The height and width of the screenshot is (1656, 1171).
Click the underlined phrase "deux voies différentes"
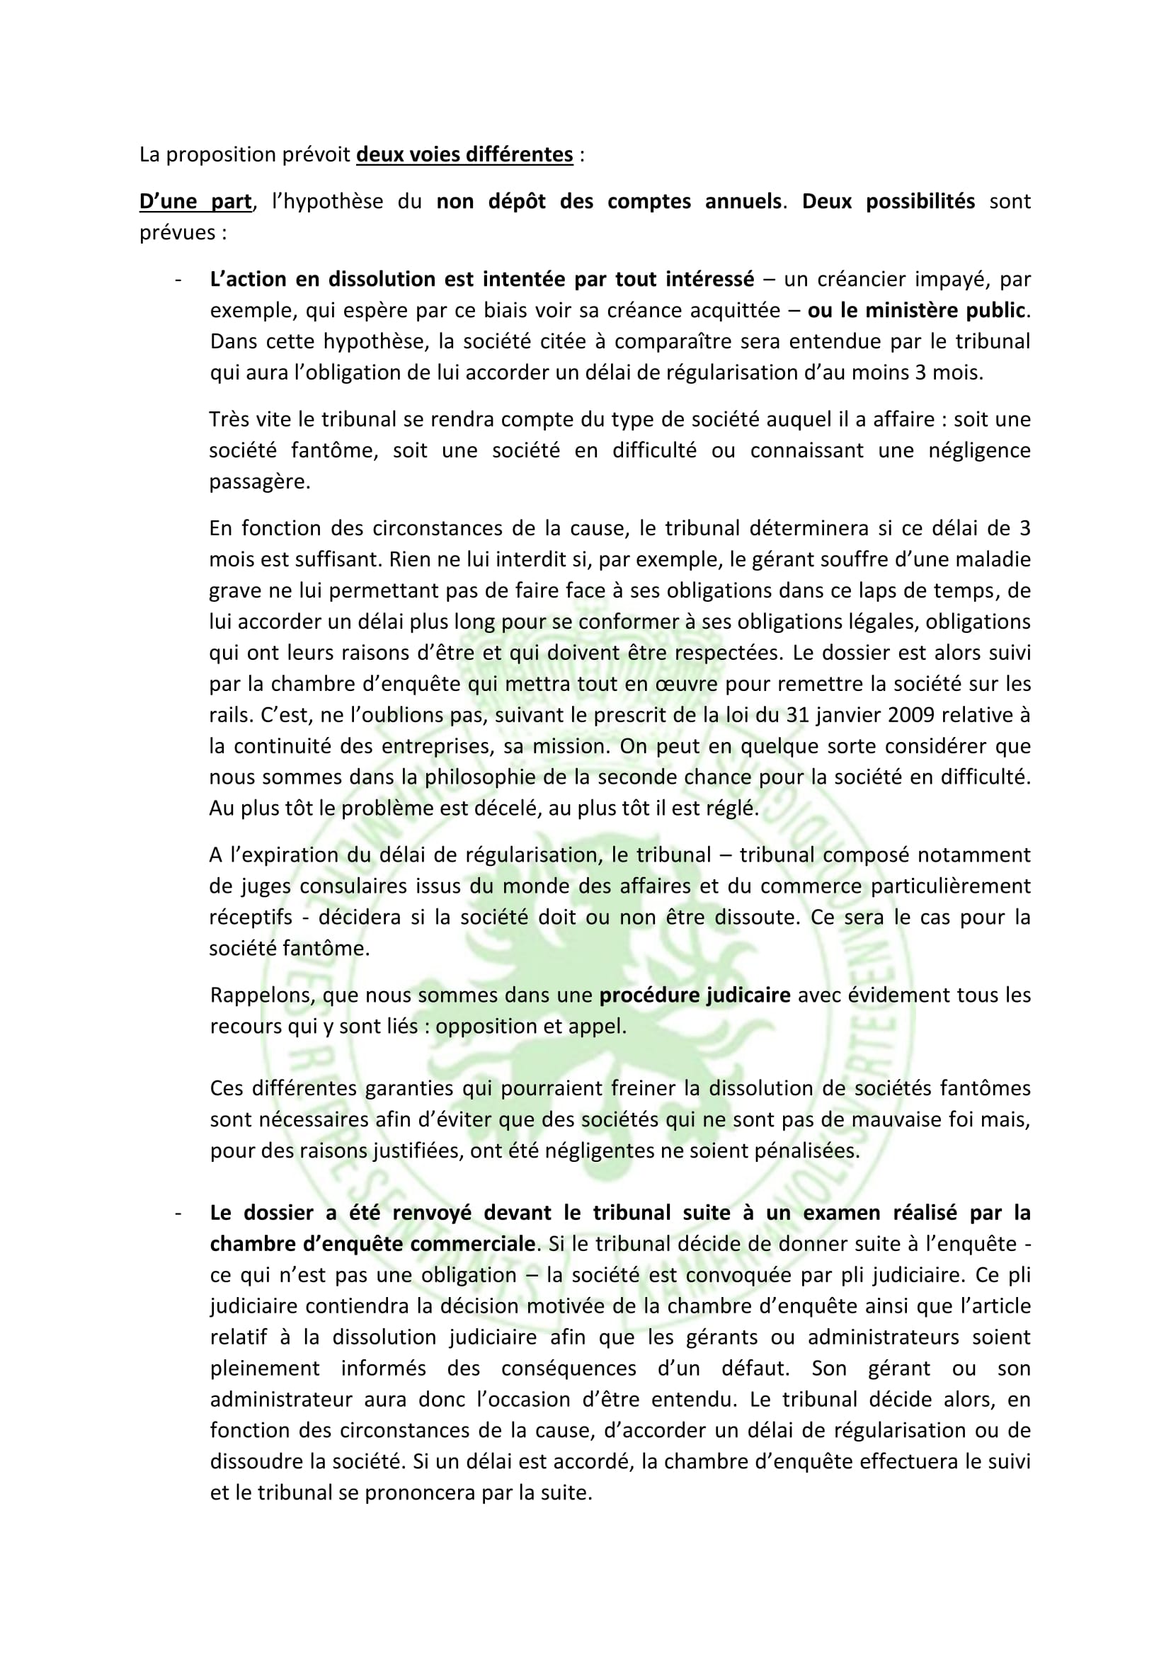pyautogui.click(x=464, y=155)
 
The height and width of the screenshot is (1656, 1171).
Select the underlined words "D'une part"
pyautogui.click(x=195, y=201)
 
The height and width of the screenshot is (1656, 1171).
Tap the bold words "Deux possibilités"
pyautogui.click(x=889, y=201)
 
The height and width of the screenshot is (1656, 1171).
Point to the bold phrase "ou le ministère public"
pyautogui.click(x=915, y=310)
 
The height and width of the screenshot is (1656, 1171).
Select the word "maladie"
pyautogui.click(x=997, y=560)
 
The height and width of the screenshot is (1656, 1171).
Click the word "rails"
pyautogui.click(x=230, y=716)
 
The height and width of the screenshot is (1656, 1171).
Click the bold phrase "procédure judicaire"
pyautogui.click(x=695, y=995)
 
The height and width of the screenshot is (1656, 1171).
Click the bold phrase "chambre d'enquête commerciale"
pyautogui.click(x=373, y=1244)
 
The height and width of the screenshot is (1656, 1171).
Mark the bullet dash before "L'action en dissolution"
pyautogui.click(x=178, y=279)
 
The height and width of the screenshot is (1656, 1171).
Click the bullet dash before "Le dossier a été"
pyautogui.click(x=178, y=1214)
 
